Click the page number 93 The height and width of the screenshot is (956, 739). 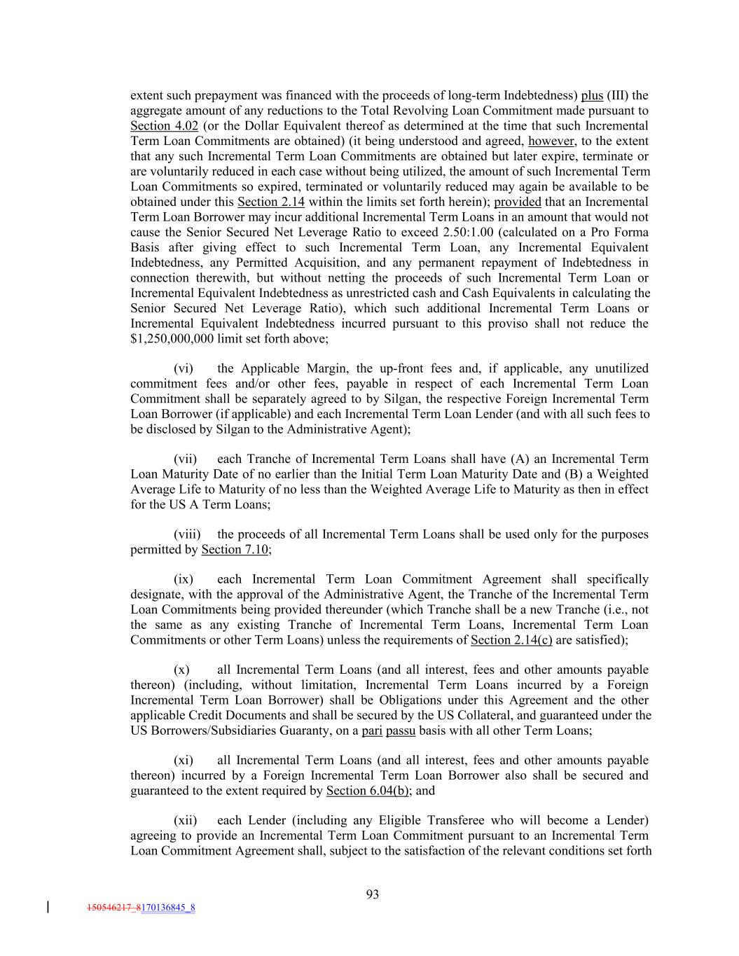(372, 894)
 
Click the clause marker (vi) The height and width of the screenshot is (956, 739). (184, 368)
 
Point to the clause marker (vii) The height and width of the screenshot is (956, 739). (185, 459)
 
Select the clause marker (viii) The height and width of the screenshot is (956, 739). (187, 534)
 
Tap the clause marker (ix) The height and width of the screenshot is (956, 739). (184, 579)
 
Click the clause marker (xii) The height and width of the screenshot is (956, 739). (185, 820)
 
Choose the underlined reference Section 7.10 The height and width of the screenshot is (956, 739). (235, 550)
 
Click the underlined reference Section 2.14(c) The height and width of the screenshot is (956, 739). (511, 640)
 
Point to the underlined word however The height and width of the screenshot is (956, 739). (551, 141)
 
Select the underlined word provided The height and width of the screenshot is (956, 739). (518, 202)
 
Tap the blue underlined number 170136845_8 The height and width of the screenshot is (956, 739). (168, 908)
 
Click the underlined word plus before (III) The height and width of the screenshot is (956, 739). (592, 96)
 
